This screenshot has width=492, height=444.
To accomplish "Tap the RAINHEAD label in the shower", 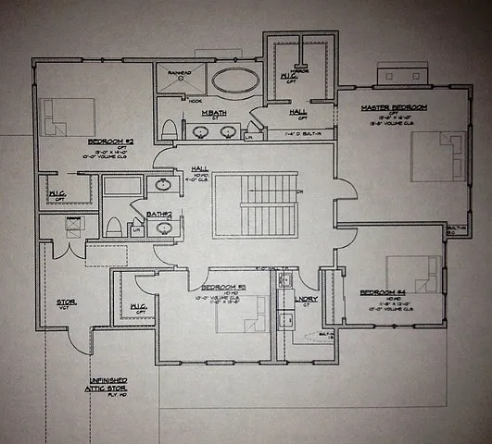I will pos(179,71).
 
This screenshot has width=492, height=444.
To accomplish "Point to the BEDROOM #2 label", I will pos(111,142).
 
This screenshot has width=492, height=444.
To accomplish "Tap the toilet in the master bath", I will pos(169,129).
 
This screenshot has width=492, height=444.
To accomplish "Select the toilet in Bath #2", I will pos(113,227).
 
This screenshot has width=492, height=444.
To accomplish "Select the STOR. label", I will pos(66,302).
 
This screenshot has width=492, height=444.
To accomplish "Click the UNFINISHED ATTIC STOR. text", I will pos(108,385).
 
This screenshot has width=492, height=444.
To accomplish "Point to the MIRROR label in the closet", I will pos(299,68).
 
